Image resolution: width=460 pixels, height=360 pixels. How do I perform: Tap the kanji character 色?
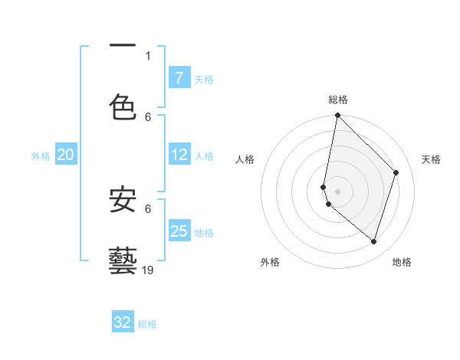(123, 107)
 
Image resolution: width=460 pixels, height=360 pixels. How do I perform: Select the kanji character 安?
(123, 199)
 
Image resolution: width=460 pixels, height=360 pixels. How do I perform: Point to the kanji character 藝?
(123, 260)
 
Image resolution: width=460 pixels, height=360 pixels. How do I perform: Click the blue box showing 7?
(179, 77)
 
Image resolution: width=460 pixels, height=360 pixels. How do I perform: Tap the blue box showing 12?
(179, 155)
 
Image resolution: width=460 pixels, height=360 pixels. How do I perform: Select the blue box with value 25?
(179, 231)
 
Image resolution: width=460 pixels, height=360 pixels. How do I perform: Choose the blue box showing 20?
(65, 155)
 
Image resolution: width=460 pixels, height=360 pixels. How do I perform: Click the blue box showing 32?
(123, 322)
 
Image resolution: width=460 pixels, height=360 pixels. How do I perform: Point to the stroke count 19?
(148, 270)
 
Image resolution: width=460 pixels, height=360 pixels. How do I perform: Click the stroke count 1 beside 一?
(148, 55)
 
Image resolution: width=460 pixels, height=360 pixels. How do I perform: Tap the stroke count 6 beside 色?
(148, 116)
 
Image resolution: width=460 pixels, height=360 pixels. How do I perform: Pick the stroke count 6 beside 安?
(148, 208)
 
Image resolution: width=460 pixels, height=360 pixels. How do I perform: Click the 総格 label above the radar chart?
(337, 100)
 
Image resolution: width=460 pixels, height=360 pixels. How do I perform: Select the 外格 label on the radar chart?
(270, 262)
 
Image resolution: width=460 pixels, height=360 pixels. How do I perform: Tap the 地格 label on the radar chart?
(402, 262)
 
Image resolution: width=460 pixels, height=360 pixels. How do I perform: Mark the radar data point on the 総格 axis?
(337, 115)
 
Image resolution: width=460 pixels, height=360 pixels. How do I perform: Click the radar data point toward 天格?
(396, 172)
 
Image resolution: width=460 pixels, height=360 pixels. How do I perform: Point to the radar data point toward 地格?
(374, 241)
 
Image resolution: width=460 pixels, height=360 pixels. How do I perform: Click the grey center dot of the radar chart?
(337, 191)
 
